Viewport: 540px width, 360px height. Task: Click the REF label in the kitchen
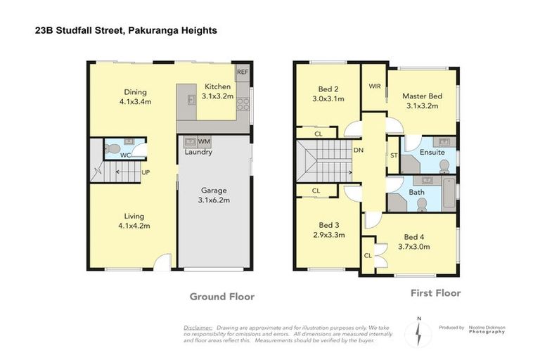(x=242, y=72)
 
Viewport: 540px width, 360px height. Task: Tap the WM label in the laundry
(x=204, y=141)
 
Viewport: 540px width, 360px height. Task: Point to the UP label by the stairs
(x=146, y=172)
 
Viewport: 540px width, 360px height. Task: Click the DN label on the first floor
(x=359, y=150)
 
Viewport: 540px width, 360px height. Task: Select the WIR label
(x=374, y=86)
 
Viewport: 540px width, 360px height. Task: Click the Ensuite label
(x=431, y=152)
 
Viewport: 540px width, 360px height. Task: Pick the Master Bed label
(x=422, y=96)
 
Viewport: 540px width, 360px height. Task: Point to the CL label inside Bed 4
(x=368, y=255)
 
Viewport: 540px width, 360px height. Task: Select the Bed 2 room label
(x=329, y=89)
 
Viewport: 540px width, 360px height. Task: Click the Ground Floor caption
(x=221, y=297)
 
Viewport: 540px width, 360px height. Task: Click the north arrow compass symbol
(x=420, y=333)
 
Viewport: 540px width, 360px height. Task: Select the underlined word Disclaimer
(x=198, y=328)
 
